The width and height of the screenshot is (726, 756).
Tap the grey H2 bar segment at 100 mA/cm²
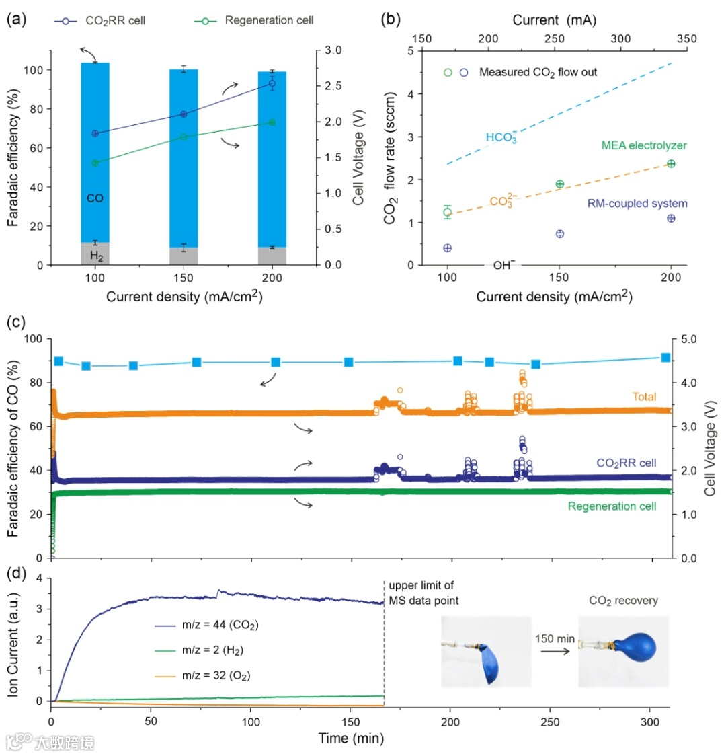coord(95,254)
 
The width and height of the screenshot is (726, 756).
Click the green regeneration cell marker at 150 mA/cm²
coord(183,137)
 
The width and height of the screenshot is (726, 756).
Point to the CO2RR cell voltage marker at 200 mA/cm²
coord(272,83)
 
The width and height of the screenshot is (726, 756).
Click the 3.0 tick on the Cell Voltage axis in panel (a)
coord(334,50)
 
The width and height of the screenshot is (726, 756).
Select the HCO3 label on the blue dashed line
coord(501,139)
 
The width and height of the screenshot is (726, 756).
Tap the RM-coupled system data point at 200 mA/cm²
coord(671,218)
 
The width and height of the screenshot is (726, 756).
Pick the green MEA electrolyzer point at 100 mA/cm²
coord(447,212)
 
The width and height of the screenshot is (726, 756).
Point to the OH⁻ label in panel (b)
coord(504,265)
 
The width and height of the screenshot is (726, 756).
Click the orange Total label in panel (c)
coord(643,397)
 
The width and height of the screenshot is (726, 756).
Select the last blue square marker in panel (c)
coord(665,358)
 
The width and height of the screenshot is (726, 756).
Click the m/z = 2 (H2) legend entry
coord(202,647)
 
